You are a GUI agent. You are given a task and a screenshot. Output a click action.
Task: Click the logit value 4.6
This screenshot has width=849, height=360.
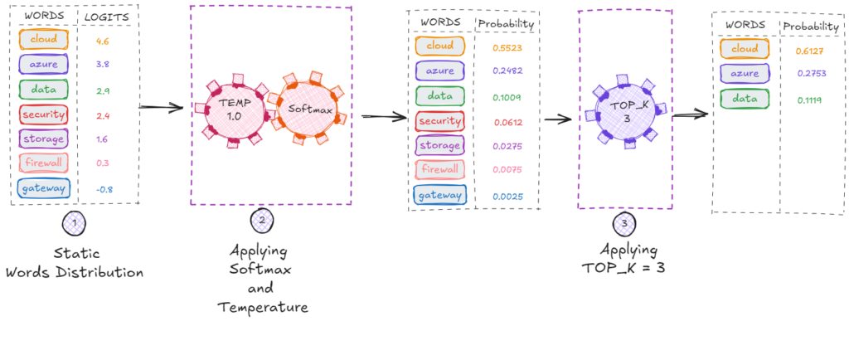click(x=103, y=39)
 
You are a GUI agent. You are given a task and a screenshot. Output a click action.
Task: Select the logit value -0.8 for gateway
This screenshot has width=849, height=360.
click(x=104, y=189)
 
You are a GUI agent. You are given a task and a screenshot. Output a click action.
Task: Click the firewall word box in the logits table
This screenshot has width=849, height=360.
click(x=42, y=164)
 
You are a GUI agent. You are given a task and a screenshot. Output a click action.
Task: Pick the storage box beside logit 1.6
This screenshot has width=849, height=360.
click(x=42, y=139)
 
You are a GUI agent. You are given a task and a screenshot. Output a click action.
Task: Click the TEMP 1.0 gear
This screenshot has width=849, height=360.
click(x=235, y=109)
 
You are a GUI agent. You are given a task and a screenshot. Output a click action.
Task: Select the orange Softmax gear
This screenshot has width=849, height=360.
click(x=306, y=109)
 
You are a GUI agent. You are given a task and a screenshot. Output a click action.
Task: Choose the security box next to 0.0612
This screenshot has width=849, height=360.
click(x=440, y=122)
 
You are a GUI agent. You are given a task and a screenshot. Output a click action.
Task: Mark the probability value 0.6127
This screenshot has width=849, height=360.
click(x=809, y=50)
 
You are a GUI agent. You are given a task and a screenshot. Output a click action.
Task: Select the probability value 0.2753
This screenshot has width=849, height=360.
click(x=809, y=74)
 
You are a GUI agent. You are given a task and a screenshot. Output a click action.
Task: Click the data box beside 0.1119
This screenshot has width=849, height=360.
click(x=744, y=99)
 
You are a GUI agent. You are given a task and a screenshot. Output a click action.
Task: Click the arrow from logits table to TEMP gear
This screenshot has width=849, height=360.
click(x=160, y=107)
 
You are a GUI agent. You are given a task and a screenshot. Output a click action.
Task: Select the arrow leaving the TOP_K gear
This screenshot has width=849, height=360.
click(x=686, y=115)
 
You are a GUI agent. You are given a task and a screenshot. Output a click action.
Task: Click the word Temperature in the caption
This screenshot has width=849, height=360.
click(x=263, y=307)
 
